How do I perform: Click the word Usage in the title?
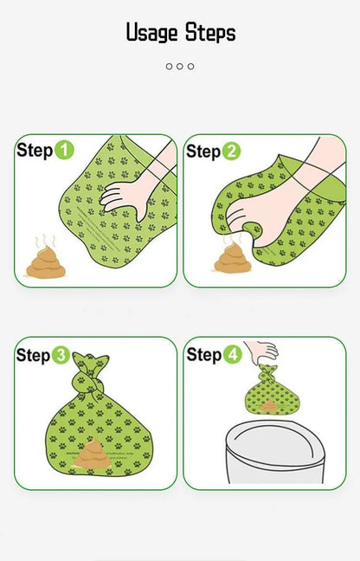pyautogui.click(x=152, y=33)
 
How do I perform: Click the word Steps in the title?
pyautogui.click(x=209, y=33)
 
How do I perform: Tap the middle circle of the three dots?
pyautogui.click(x=180, y=66)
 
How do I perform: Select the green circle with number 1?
pyautogui.click(x=65, y=151)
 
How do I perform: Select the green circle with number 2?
pyautogui.click(x=231, y=152)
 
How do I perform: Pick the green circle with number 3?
pyautogui.click(x=61, y=355)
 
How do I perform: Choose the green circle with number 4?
pyautogui.click(x=233, y=354)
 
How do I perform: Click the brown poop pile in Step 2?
pyautogui.click(x=231, y=260)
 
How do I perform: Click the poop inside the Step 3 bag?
pyautogui.click(x=93, y=455)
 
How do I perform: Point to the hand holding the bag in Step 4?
pyautogui.click(x=261, y=351)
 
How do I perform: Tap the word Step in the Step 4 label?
pyautogui.click(x=204, y=354)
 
